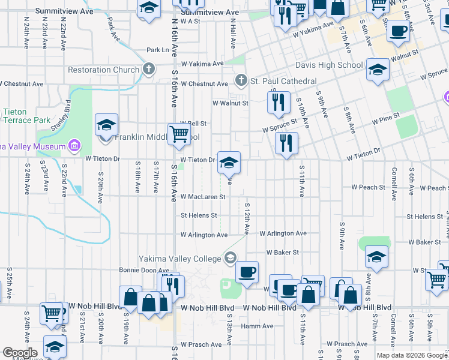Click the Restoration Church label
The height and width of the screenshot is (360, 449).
[x=103, y=70]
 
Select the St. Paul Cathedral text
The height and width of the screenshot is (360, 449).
[x=283, y=81]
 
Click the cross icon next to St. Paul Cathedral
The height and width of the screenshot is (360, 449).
[x=241, y=80]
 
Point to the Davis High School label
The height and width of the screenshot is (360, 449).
[x=328, y=65]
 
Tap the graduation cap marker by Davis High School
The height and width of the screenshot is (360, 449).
[x=377, y=70]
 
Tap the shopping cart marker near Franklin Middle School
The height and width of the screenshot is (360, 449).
[x=179, y=135]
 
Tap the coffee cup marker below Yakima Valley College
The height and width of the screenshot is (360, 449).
[x=247, y=272]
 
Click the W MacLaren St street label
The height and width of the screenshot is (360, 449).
[x=203, y=197]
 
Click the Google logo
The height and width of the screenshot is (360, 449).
[x=20, y=353]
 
